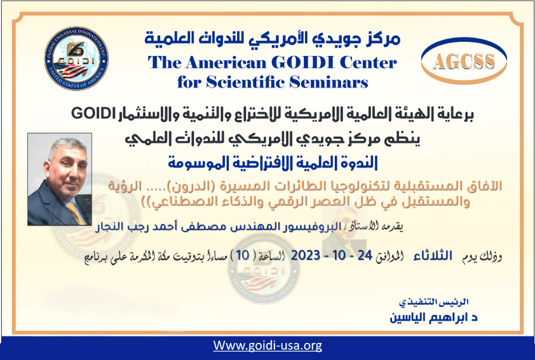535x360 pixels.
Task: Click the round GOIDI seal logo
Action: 76,58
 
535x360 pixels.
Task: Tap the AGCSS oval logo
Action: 464,61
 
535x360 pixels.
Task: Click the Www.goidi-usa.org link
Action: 267,346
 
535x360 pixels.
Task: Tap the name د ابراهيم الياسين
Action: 427,316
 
